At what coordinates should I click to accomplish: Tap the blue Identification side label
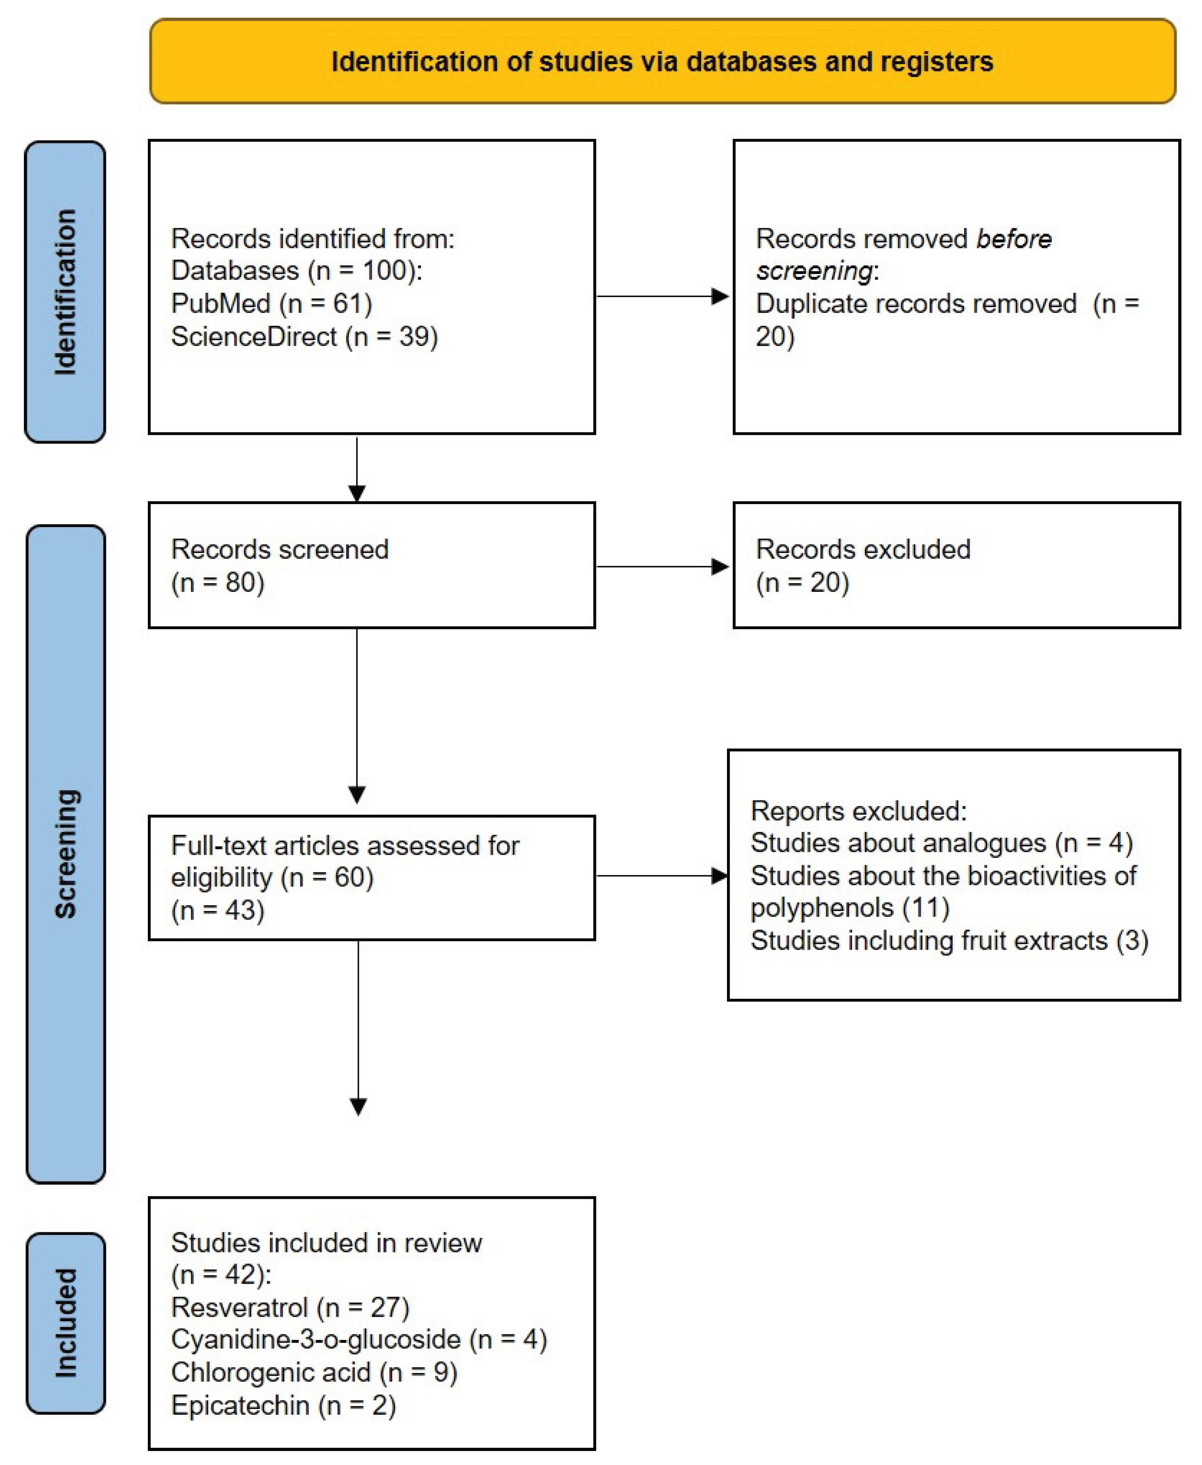[x=65, y=292]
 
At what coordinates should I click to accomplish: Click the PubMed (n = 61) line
[x=271, y=304]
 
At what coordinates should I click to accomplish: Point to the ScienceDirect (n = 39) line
[x=304, y=336]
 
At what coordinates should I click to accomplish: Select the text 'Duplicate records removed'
[x=915, y=304]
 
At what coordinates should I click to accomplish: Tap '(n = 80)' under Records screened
[x=217, y=582]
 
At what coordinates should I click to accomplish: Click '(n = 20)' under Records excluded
[x=802, y=582]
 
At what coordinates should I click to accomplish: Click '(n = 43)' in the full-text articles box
[x=217, y=909]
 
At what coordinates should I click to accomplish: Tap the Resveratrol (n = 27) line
[x=289, y=1307]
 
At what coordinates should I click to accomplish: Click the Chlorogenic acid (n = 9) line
[x=314, y=1372]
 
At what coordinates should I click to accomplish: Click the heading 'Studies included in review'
[x=326, y=1243]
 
